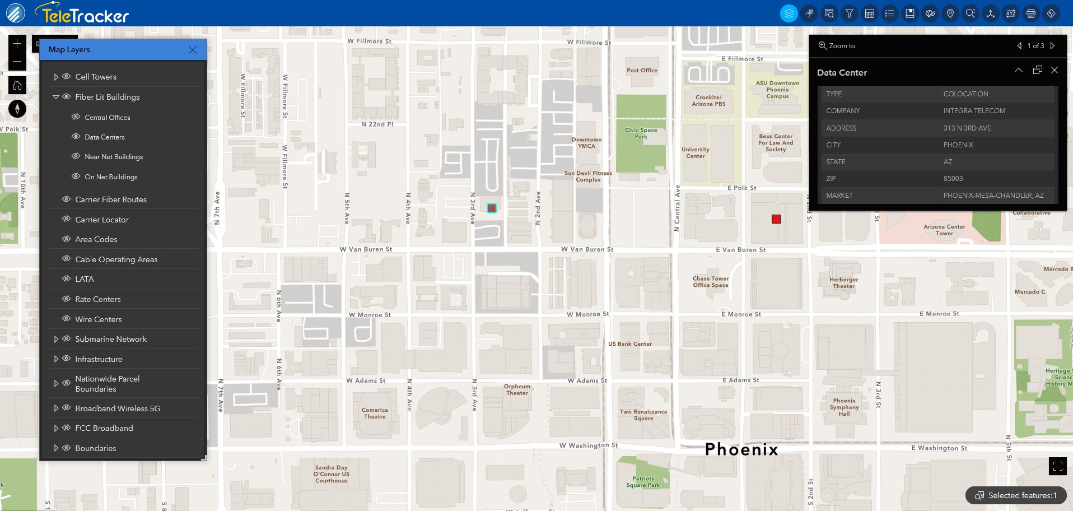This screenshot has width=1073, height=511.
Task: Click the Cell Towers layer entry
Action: coord(96,77)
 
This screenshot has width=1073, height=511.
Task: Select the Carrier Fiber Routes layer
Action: coord(111,199)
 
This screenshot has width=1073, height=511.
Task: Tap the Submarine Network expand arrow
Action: coord(56,339)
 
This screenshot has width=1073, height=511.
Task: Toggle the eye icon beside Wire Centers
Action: coord(66,319)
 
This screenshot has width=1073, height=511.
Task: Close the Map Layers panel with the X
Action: coord(193,50)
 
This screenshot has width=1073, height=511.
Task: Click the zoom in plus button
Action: coord(17,44)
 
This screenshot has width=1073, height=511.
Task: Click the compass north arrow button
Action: coord(17,109)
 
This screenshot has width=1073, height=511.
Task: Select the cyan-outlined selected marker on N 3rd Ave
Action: coord(492,208)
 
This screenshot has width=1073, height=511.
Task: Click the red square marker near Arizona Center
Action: coord(776,219)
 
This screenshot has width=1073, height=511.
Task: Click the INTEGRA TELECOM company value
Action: coord(974,111)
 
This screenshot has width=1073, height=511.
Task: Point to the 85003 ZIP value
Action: coord(953,179)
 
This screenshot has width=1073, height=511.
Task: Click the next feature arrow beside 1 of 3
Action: coord(1053,46)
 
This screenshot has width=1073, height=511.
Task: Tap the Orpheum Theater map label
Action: coord(517,389)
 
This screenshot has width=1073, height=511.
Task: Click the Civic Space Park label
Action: coord(641,133)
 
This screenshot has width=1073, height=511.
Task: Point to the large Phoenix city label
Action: coord(741,449)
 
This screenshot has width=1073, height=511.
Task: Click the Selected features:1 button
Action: coord(1016,495)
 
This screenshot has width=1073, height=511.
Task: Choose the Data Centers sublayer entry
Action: coord(105,137)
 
